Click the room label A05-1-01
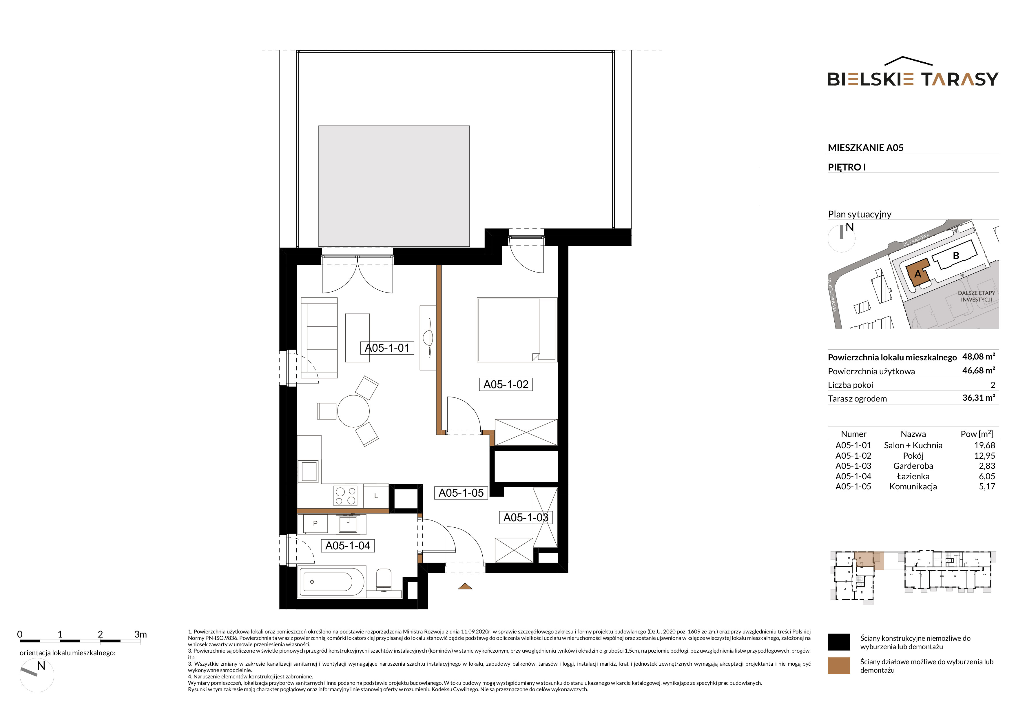pos(387,348)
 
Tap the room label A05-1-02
pos(506,384)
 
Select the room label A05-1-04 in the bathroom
pos(348,545)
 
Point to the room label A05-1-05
pos(461,493)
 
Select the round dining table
pos(353,411)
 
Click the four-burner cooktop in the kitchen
pos(346,495)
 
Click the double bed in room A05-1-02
pos(517,330)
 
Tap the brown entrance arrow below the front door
pos(465,586)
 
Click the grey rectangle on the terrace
pos(394,186)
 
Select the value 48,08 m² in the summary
pos(978,356)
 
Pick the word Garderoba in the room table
pos(913,466)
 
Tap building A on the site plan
pos(918,274)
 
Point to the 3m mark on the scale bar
pos(140,634)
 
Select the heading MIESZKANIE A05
pos(866,148)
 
